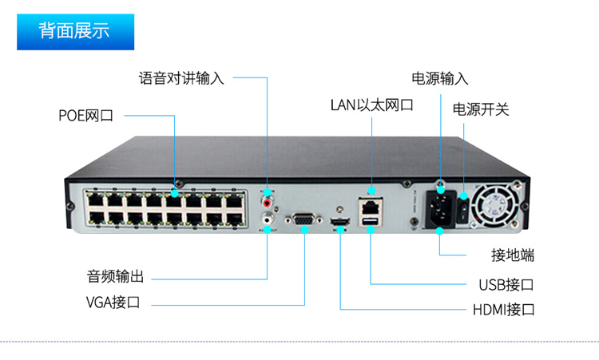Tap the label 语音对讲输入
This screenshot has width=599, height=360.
coord(181,78)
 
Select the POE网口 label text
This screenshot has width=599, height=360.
coord(85,116)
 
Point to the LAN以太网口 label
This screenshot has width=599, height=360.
coord(371,105)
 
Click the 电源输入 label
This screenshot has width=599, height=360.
coord(439,78)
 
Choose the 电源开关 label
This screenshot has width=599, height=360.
coord(480,109)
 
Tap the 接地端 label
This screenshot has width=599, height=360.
coord(512,255)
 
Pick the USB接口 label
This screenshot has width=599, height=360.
coord(506,285)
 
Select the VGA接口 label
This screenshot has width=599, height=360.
coord(113,303)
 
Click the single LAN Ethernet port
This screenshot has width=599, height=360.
coord(371,204)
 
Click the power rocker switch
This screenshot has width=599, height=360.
coord(462,210)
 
